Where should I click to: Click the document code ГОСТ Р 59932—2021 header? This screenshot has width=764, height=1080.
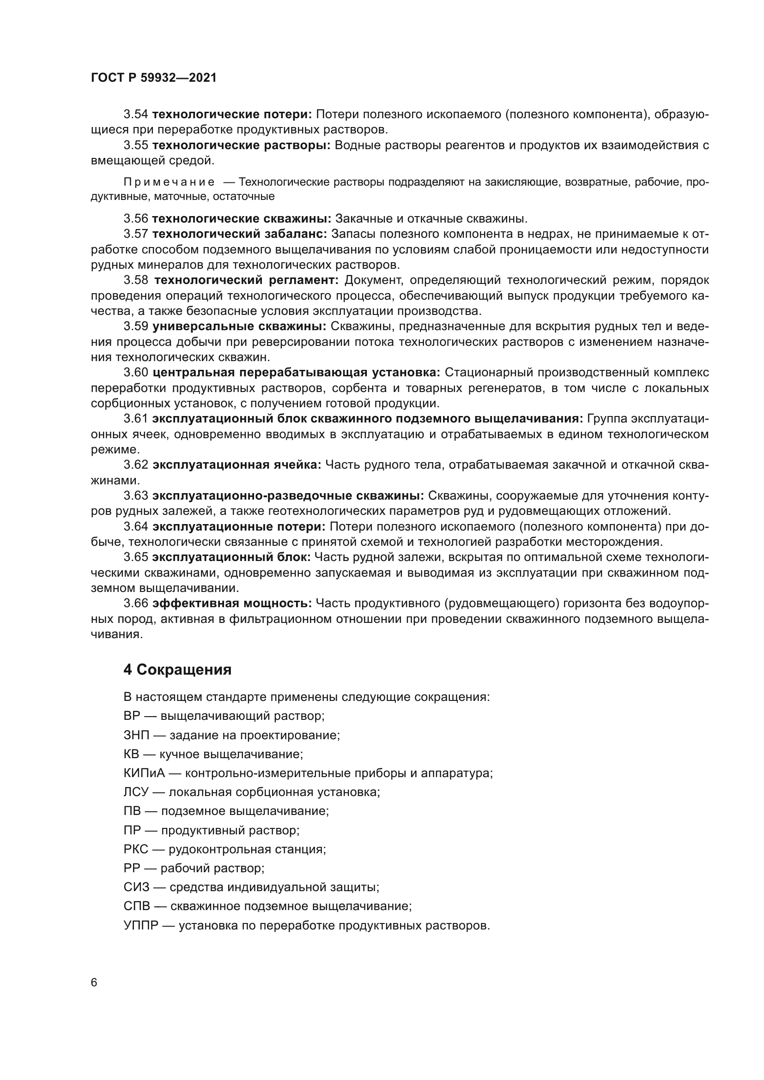point(154,78)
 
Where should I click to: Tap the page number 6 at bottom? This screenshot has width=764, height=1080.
point(94,983)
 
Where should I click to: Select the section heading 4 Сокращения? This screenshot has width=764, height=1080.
point(177,670)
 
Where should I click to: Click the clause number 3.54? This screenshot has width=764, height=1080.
point(136,115)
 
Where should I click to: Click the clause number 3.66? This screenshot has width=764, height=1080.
point(136,603)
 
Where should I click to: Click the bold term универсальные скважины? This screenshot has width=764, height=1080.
point(239,326)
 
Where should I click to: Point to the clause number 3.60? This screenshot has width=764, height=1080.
point(136,373)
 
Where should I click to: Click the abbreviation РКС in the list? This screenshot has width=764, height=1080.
point(136,850)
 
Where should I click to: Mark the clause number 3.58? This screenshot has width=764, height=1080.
point(136,280)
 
